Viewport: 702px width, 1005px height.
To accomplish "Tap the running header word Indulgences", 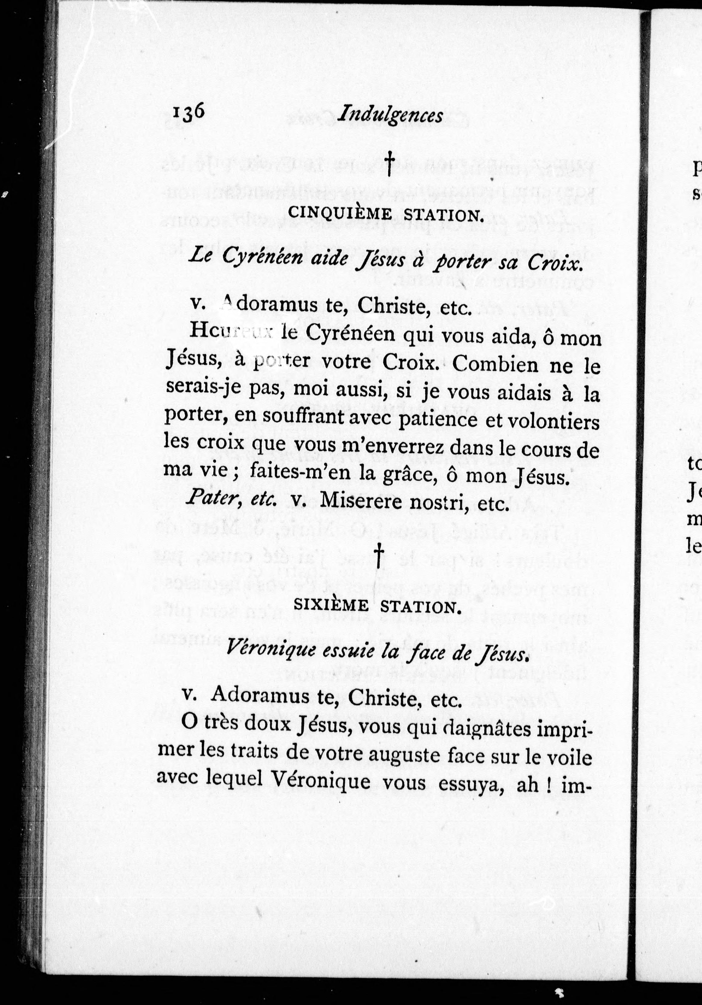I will (x=390, y=116).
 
